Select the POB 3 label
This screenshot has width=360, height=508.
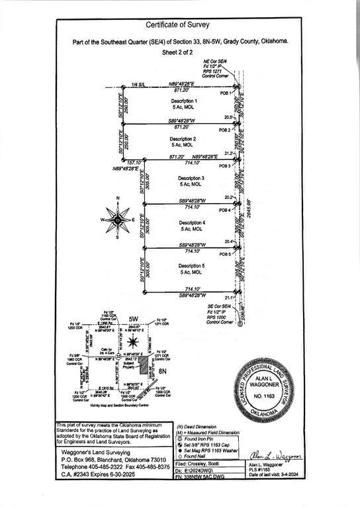click(x=225, y=166)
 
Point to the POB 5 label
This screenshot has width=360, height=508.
click(x=225, y=254)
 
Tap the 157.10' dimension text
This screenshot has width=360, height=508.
click(x=134, y=162)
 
